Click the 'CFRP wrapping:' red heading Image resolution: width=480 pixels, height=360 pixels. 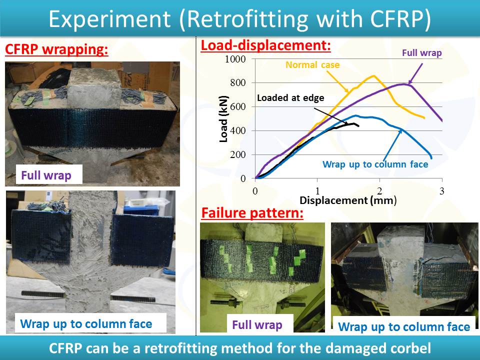coord(56,50)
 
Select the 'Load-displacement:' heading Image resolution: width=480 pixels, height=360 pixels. coord(265,45)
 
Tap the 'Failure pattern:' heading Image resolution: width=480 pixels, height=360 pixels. coord(252,213)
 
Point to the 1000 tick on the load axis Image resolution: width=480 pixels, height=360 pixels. coord(235,59)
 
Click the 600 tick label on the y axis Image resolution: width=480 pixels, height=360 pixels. coord(238,106)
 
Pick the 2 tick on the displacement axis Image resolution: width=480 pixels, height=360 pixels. coord(379,191)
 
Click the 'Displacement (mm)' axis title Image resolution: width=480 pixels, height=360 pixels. coord(348,200)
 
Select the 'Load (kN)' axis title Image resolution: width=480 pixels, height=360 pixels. coord(224,119)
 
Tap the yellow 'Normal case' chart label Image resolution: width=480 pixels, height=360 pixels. coord(312,65)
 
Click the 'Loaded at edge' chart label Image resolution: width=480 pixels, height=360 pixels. coord(290,98)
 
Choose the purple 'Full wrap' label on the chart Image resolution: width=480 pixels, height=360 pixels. coord(422,53)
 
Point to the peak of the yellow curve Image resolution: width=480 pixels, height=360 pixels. coord(374,75)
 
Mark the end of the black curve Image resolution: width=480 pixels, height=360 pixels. coord(359,126)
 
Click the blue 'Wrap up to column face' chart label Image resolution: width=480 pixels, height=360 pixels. coord(375,164)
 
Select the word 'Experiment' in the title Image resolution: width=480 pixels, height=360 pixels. coord(109,19)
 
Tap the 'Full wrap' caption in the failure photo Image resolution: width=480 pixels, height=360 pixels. coord(257,325)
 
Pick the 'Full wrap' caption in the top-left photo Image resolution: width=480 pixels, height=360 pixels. coord(46,175)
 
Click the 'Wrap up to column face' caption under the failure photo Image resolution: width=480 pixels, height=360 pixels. coord(404,327)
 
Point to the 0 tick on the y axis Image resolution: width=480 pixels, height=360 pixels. coord(243,178)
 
